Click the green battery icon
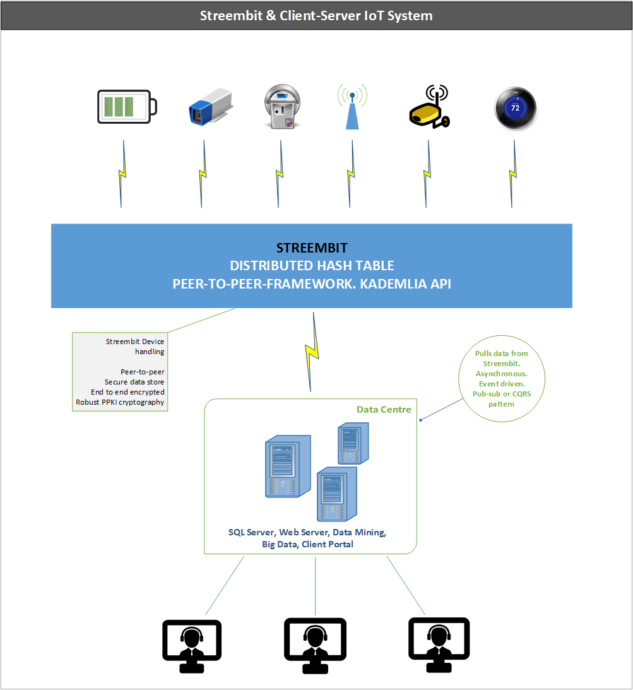[x=127, y=107]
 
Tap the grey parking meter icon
[x=282, y=107]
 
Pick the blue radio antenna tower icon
[x=352, y=107]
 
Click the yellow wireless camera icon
[x=429, y=107]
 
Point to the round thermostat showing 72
[x=515, y=108]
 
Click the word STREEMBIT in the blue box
[x=312, y=248]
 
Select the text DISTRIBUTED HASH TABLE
[x=312, y=266]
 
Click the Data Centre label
[x=384, y=410]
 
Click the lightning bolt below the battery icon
[x=122, y=174]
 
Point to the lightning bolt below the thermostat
[x=513, y=174]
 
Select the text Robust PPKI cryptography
[x=120, y=402]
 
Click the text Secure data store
[x=134, y=382]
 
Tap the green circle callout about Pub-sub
[x=502, y=378]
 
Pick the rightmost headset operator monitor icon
[x=439, y=645]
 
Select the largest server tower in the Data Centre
[x=288, y=467]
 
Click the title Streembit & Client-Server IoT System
[x=316, y=16]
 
